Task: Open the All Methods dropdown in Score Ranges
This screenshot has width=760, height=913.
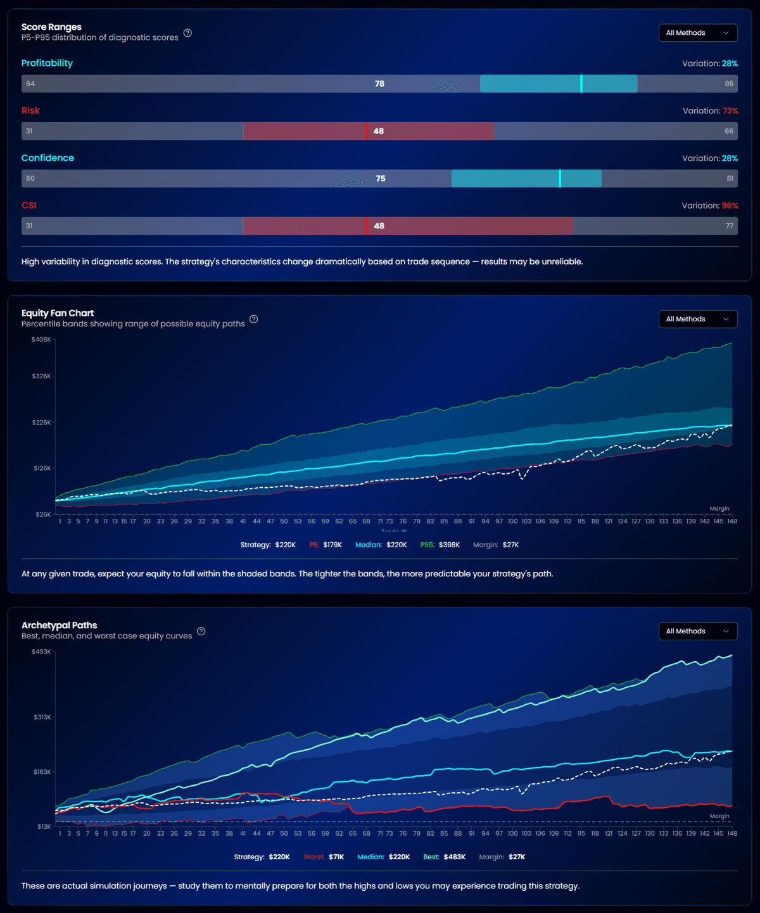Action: tap(697, 33)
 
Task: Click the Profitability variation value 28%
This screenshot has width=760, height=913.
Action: tap(730, 63)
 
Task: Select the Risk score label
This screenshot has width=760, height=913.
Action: tap(30, 111)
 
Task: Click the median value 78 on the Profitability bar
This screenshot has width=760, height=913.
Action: tap(379, 84)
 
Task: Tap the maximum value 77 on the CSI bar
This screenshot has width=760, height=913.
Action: tap(729, 226)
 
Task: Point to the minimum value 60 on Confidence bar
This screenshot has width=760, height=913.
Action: tap(30, 178)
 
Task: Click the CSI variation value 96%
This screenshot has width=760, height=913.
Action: tap(730, 206)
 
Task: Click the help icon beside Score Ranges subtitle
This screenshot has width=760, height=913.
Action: tap(187, 33)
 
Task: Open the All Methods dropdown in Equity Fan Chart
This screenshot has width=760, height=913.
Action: tap(697, 319)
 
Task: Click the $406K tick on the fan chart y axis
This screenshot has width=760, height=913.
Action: tap(41, 340)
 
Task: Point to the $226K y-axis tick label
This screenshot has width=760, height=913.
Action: tap(41, 422)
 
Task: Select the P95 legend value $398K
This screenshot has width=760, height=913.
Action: tap(449, 545)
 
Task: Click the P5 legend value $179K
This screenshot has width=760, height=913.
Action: tap(332, 545)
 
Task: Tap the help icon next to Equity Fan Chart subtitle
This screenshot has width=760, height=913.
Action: tap(254, 319)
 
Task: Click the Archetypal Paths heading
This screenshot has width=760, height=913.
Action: tap(59, 625)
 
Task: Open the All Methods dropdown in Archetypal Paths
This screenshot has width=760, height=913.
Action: tap(697, 631)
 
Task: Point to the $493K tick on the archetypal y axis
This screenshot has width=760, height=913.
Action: tap(41, 652)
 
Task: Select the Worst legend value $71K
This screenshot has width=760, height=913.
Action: tap(336, 857)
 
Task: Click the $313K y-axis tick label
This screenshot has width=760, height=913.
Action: tap(42, 717)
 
